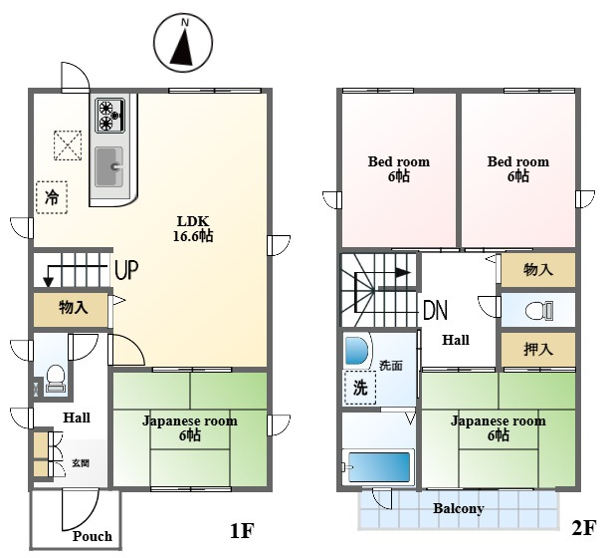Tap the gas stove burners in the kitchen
[x=107, y=116]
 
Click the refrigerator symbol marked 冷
[x=50, y=197]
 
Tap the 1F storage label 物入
[x=73, y=308]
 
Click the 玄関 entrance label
[x=81, y=463]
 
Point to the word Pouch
[x=92, y=537]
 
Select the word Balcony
[x=458, y=508]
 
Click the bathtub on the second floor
[x=377, y=465]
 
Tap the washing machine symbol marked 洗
[x=359, y=388]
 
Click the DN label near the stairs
[x=435, y=310]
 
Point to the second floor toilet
[x=536, y=310]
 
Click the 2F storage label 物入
[x=537, y=269]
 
